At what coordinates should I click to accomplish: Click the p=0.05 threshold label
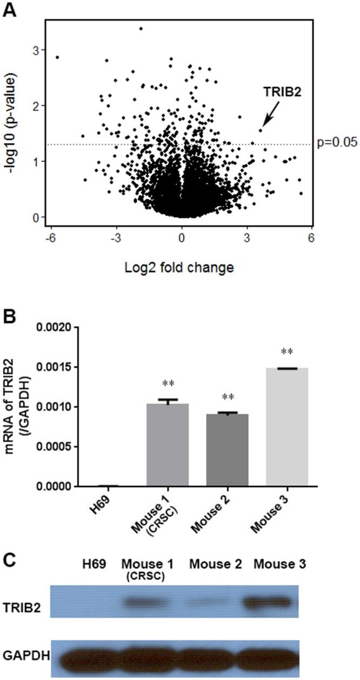click(x=334, y=144)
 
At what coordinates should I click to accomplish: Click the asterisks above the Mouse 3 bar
click(x=287, y=352)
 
